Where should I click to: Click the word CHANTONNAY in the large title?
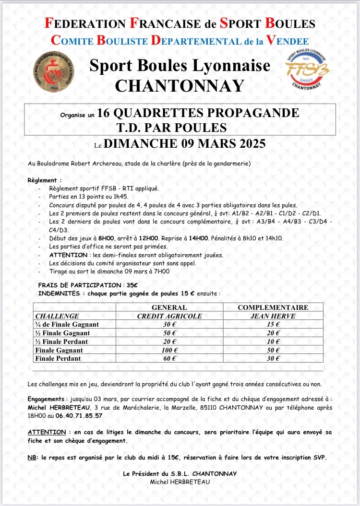click(x=180, y=85)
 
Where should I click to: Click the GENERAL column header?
click(x=169, y=307)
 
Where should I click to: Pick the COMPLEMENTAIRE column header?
click(x=273, y=307)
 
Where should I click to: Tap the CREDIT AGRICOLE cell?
click(x=169, y=316)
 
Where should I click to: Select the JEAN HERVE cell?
click(x=273, y=316)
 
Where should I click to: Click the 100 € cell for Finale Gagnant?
click(x=169, y=350)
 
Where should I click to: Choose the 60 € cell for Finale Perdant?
click(x=169, y=358)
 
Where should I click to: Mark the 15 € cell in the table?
click(x=273, y=325)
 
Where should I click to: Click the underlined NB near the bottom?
click(x=33, y=457)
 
